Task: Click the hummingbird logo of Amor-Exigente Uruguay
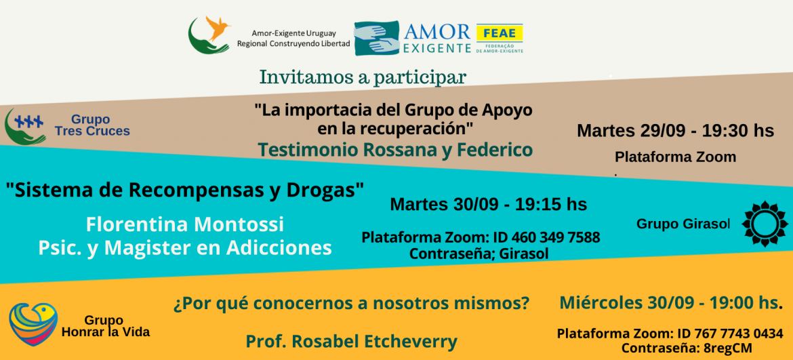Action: [209, 35]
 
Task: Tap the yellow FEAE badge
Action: [500, 32]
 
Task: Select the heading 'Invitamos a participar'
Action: [363, 77]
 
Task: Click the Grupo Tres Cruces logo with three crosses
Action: [25, 126]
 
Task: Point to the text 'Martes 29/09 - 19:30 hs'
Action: [675, 130]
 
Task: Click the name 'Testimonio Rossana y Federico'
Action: [395, 150]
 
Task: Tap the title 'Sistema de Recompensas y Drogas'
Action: [185, 191]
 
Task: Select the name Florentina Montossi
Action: [184, 224]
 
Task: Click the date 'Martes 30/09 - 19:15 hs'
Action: [489, 204]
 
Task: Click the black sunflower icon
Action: [765, 223]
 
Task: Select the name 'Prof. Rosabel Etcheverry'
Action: [351, 341]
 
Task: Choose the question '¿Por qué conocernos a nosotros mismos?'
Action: [351, 303]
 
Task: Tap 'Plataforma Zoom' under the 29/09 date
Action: [675, 157]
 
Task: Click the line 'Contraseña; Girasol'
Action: [479, 254]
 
